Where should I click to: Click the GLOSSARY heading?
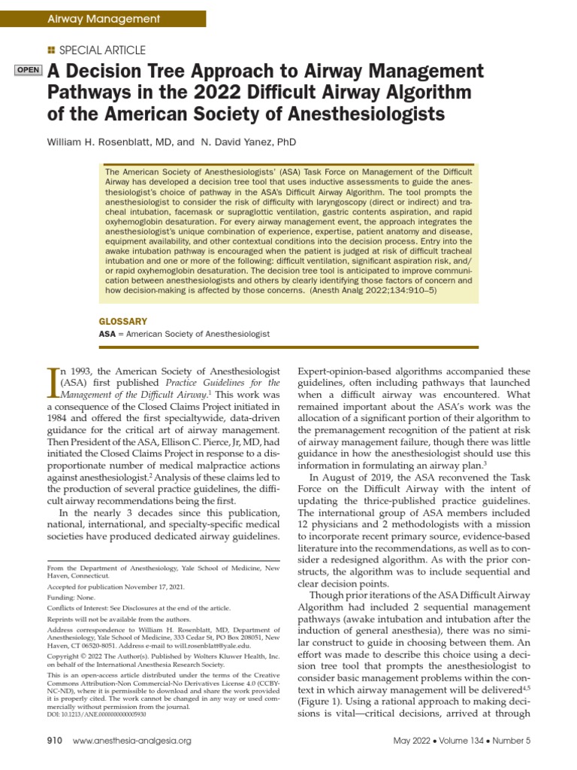point(123,321)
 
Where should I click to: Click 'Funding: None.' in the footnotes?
point(71,596)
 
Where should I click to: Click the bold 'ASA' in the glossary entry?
point(107,333)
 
